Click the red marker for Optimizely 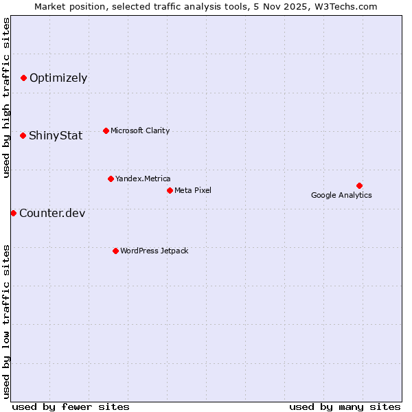23,78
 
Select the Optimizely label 58,78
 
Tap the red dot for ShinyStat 23,136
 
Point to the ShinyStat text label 56,136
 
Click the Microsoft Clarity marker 106,131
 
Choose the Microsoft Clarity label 140,131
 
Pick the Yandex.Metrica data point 111,179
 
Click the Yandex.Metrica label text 143,179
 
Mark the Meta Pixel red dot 170,190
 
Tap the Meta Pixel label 193,190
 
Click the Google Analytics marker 359,185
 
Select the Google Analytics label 341,196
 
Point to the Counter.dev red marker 13,213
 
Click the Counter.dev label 52,214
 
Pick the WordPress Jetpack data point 115,251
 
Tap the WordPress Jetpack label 154,251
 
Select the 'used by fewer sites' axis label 71,407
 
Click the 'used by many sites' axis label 345,407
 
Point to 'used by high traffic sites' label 7,98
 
